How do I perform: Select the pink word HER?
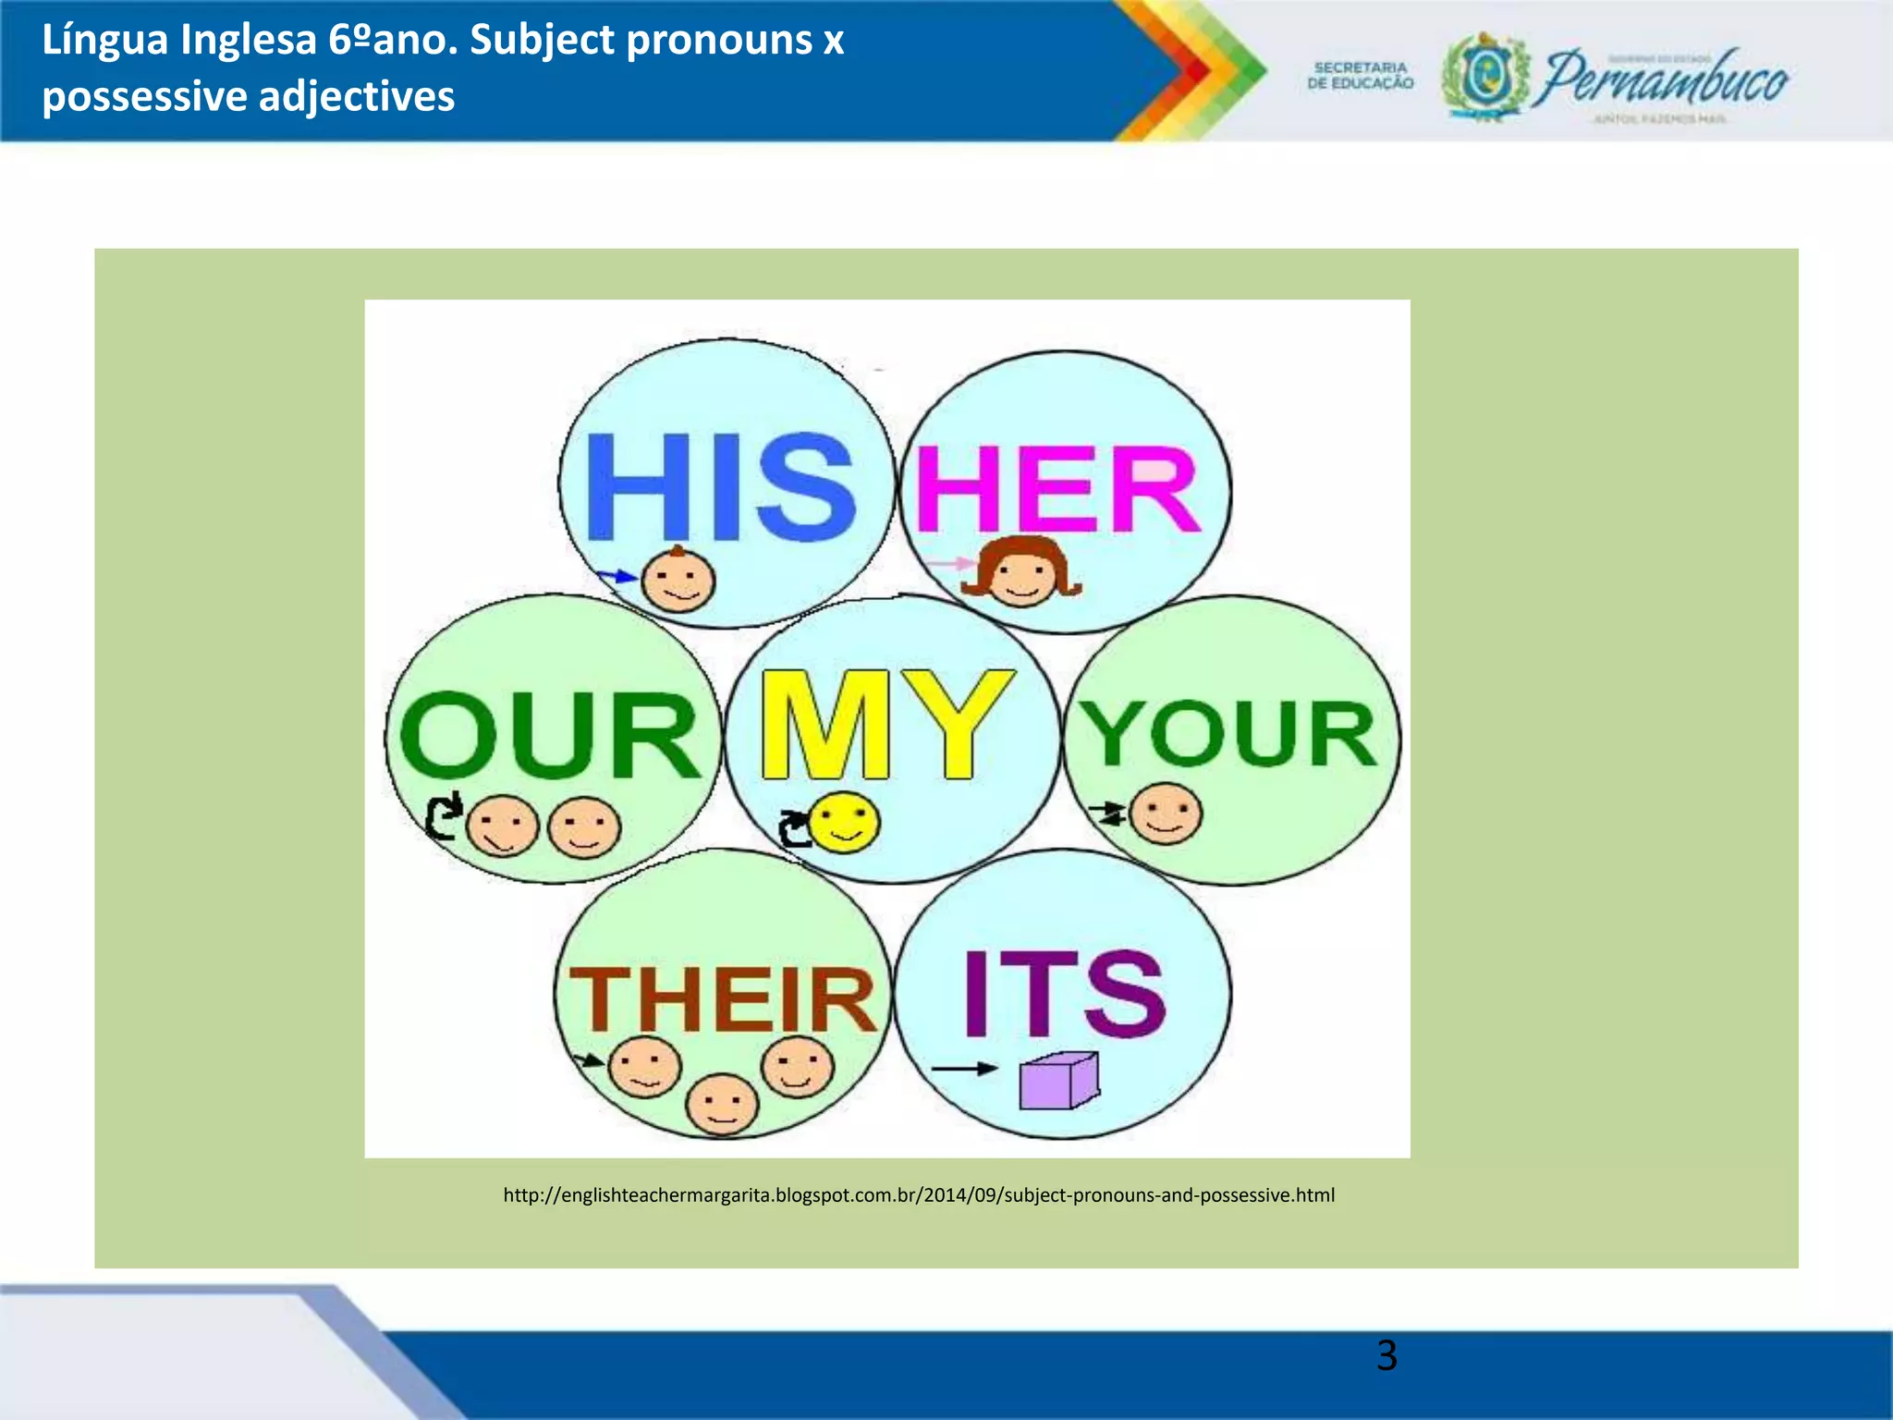click(x=1056, y=489)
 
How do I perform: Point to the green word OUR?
click(x=549, y=735)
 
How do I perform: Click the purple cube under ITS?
click(x=1058, y=1081)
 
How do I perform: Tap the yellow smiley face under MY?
click(x=844, y=822)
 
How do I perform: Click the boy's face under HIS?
click(x=678, y=581)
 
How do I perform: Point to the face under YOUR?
click(x=1166, y=814)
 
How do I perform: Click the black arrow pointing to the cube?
click(x=963, y=1069)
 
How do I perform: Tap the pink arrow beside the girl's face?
click(x=948, y=562)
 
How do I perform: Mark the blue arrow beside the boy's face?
click(x=616, y=576)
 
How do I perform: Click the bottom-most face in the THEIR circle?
click(x=722, y=1104)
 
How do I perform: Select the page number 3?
click(x=1386, y=1355)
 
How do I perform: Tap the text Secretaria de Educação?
click(x=1360, y=75)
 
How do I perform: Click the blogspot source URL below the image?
click(x=919, y=1194)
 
